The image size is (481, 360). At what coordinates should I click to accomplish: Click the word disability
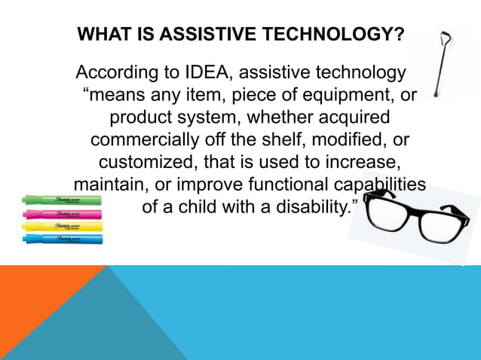[x=310, y=206]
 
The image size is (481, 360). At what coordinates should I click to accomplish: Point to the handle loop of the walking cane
[x=446, y=38]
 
